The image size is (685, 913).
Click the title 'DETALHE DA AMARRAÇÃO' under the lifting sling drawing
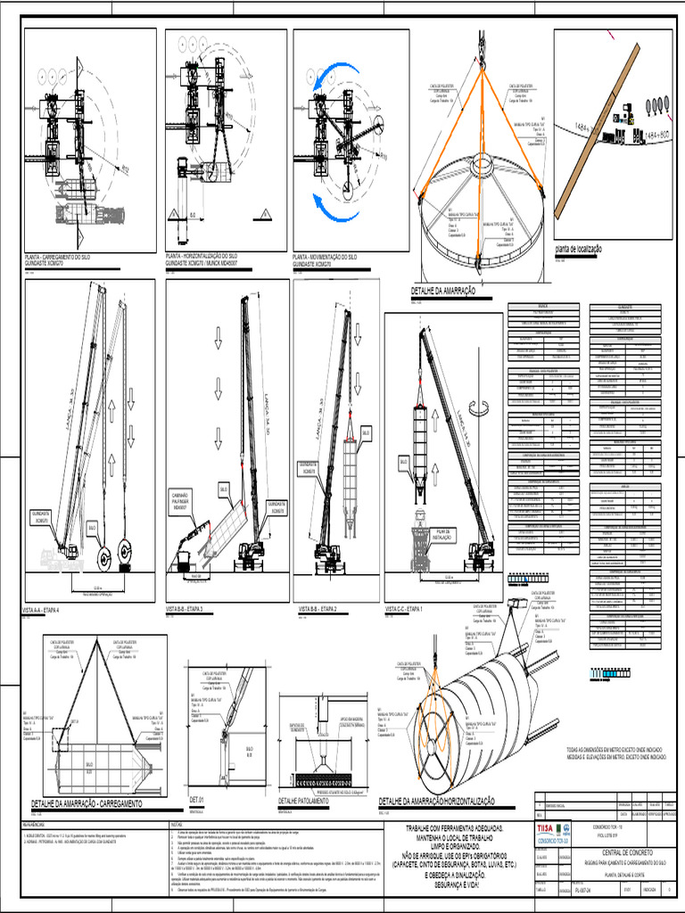point(442,291)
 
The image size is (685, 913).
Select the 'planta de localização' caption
point(578,250)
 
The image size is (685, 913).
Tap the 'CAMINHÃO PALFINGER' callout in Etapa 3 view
point(183,499)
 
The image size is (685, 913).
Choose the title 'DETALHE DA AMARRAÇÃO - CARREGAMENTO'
point(87,804)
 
